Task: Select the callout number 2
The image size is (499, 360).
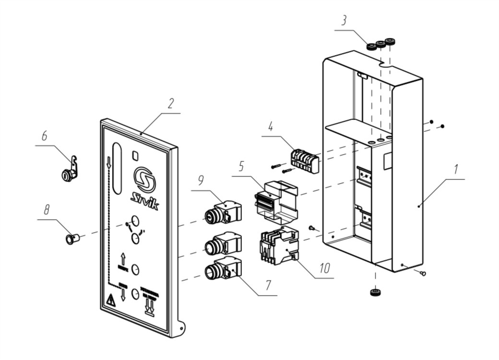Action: [x=171, y=104]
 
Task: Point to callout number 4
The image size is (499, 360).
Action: [x=271, y=128]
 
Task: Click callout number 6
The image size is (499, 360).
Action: [x=44, y=136]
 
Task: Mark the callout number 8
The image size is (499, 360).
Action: [x=47, y=209]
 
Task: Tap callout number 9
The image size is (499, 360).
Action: [x=201, y=180]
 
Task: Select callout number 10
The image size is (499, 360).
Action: [x=325, y=267]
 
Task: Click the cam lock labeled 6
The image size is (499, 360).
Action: [x=69, y=171]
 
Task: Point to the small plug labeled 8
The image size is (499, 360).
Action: [x=71, y=238]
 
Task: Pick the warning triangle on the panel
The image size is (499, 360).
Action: [x=110, y=301]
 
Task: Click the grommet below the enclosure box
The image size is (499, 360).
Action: [x=375, y=292]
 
